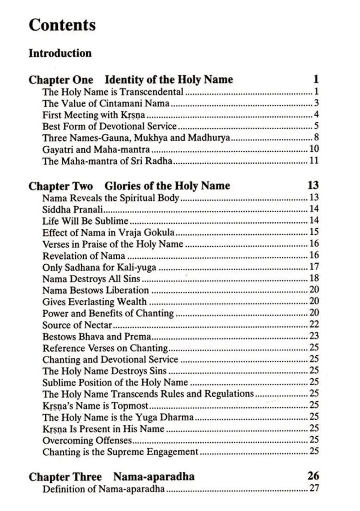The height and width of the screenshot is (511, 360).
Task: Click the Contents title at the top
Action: point(62,25)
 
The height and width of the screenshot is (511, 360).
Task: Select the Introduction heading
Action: point(60,53)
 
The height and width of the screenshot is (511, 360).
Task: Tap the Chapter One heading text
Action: point(131,79)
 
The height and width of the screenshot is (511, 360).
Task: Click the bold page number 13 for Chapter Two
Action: point(313,186)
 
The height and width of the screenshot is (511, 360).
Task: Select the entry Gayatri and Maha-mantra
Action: point(96,149)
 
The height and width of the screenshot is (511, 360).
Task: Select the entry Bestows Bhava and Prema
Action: point(97,336)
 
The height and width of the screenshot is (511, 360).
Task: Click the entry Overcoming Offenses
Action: point(87,440)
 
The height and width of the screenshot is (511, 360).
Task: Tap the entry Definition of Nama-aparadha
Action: point(104,489)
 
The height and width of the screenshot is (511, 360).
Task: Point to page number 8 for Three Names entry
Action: point(316,137)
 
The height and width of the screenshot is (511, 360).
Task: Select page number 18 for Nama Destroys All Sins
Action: point(314,279)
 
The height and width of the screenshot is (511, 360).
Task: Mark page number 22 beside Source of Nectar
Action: point(314,325)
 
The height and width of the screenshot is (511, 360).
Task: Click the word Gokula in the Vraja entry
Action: point(158,232)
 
